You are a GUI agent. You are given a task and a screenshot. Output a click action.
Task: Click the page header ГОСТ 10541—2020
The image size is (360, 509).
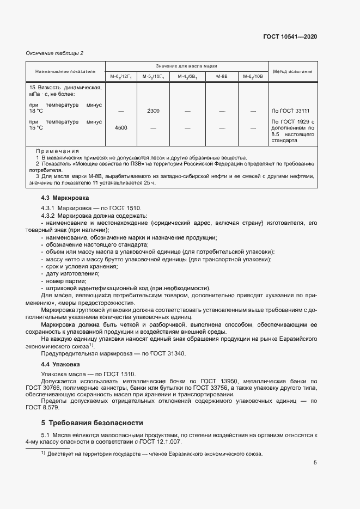tap(289, 36)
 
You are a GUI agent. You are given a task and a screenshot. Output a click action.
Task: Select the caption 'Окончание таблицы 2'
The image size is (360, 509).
tap(54, 53)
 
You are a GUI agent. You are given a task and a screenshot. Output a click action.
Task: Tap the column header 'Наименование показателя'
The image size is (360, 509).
tap(65, 71)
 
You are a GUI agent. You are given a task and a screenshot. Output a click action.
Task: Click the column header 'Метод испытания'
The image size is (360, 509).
tap(292, 71)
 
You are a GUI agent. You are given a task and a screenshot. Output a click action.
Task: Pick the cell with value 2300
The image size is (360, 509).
tap(153, 111)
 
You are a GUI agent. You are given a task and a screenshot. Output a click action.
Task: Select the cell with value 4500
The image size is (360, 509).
tap(121, 128)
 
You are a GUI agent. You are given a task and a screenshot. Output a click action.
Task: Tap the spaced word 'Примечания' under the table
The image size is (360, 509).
tap(57, 150)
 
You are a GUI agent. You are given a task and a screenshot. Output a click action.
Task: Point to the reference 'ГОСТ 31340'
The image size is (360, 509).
tap(169, 353)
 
